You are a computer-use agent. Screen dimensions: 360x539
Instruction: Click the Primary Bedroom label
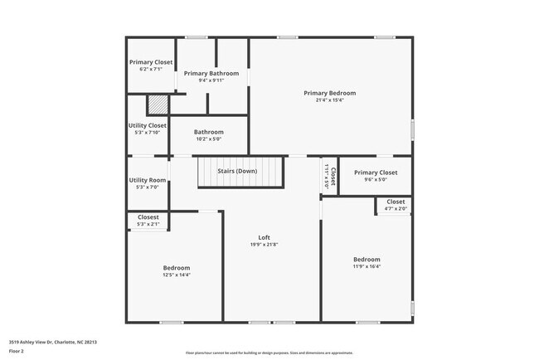pos(329,93)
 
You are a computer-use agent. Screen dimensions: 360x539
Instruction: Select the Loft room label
pos(265,237)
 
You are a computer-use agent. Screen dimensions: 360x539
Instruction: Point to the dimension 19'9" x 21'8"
pos(265,245)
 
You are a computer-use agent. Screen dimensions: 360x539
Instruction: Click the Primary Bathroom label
pos(211,73)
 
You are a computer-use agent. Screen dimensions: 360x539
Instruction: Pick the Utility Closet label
pos(148,125)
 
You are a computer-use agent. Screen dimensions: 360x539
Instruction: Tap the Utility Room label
pos(148,180)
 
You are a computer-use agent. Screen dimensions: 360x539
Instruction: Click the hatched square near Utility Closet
pos(157,105)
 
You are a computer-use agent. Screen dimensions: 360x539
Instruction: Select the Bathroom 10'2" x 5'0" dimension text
pos(209,139)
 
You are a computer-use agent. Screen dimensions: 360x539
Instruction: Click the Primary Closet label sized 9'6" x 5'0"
pos(370,173)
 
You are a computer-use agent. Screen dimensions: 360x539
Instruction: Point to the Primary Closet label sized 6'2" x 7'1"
pos(151,62)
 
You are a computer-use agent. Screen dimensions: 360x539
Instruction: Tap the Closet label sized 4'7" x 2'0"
pos(396,202)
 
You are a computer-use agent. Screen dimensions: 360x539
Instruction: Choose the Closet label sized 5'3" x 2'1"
pos(148,217)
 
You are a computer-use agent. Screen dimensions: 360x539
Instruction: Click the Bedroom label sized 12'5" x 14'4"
pos(176,268)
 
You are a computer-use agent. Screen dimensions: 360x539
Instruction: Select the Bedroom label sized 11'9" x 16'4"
pos(366,260)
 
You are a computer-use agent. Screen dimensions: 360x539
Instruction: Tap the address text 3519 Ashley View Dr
pos(53,342)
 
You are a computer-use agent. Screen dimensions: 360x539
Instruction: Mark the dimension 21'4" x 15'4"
pos(329,100)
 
